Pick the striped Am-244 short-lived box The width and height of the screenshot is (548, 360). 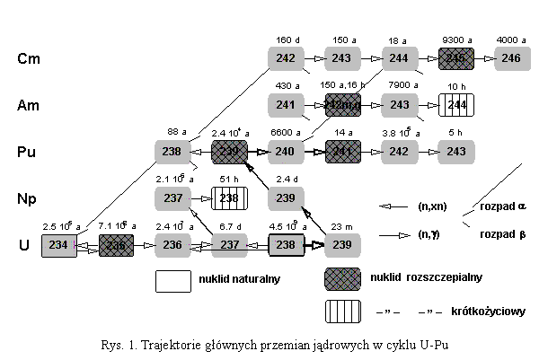[455, 105]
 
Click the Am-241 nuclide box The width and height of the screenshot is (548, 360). [286, 105]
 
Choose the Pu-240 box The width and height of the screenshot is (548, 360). [286, 152]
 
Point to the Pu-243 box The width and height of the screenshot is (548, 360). [455, 152]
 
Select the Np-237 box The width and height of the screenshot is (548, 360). [172, 198]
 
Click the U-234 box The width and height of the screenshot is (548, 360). [59, 245]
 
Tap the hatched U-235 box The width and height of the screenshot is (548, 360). [116, 245]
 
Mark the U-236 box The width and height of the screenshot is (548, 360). [172, 245]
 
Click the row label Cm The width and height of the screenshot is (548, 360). [28, 59]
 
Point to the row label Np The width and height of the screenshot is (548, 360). [28, 198]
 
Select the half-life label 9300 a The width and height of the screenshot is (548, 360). [455, 40]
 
